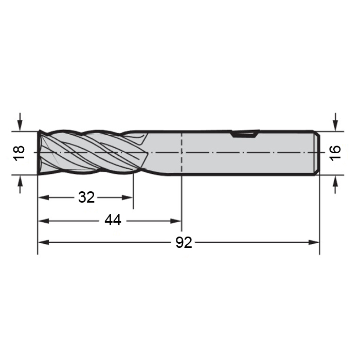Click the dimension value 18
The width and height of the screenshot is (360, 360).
point(20,153)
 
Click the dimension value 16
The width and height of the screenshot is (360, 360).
point(335,153)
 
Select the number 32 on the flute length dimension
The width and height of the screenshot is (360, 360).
point(86,197)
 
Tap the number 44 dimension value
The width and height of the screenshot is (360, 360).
point(113,220)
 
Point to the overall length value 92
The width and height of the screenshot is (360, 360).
point(184,242)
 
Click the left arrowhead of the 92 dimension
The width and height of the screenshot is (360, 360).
point(43,242)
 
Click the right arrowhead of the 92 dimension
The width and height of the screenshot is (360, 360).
point(314,242)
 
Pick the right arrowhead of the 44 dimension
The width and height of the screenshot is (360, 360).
point(176,221)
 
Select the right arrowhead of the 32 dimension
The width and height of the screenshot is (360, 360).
point(128,197)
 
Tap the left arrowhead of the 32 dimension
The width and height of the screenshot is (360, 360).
point(43,197)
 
